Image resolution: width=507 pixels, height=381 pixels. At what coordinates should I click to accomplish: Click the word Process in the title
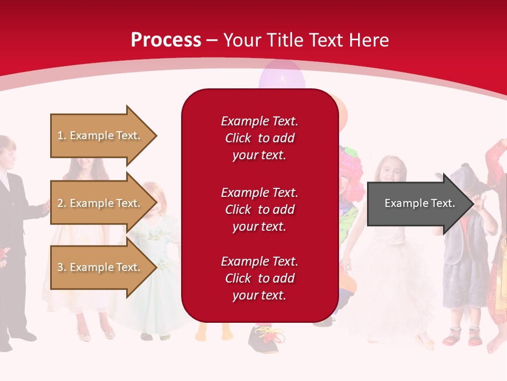pos(166,40)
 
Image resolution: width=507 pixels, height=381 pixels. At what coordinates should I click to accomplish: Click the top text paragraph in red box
pos(259,138)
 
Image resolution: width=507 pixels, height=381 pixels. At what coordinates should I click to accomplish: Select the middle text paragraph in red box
pos(259,210)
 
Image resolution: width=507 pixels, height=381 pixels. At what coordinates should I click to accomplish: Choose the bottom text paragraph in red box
pos(259,278)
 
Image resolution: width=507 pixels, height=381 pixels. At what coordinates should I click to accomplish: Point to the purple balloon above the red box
pos(281,74)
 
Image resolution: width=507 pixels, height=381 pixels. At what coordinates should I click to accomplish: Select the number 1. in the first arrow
pos(61,135)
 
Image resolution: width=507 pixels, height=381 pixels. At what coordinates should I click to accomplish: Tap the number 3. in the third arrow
pos(62,267)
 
